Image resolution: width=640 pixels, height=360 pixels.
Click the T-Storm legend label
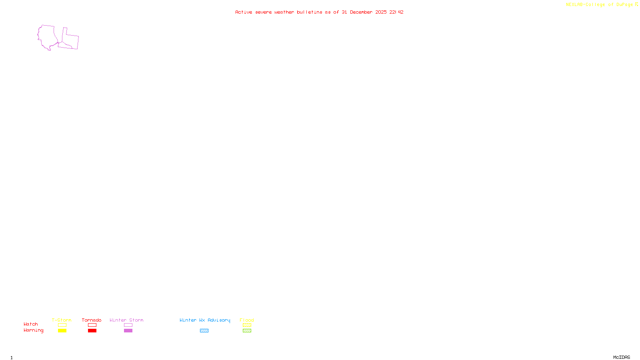[x=62, y=320]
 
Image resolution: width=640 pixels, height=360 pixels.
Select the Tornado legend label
[x=92, y=320]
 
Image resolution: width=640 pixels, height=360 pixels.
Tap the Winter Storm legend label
[x=126, y=320]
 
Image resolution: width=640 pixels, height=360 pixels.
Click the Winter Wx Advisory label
[x=205, y=320]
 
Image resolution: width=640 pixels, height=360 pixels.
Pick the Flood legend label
[x=247, y=320]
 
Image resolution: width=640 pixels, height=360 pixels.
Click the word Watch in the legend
[x=31, y=324]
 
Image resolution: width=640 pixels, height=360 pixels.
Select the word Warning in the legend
[x=33, y=330]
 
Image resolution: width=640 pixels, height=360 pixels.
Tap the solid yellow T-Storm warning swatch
[x=62, y=331]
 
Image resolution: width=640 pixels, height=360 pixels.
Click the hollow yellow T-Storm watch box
[x=62, y=325]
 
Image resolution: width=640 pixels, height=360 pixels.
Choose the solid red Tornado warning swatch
[x=92, y=331]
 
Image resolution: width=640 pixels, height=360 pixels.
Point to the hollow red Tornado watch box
[x=92, y=325]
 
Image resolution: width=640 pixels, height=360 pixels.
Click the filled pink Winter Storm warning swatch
[x=128, y=331]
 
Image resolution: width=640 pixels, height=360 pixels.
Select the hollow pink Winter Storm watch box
[x=128, y=325]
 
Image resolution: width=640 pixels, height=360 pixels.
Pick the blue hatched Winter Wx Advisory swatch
[x=204, y=331]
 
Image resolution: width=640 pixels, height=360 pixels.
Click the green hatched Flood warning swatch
[x=247, y=331]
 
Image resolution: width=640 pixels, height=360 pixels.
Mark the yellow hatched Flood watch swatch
[x=247, y=325]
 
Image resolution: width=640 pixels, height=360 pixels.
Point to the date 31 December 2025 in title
[x=364, y=12]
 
